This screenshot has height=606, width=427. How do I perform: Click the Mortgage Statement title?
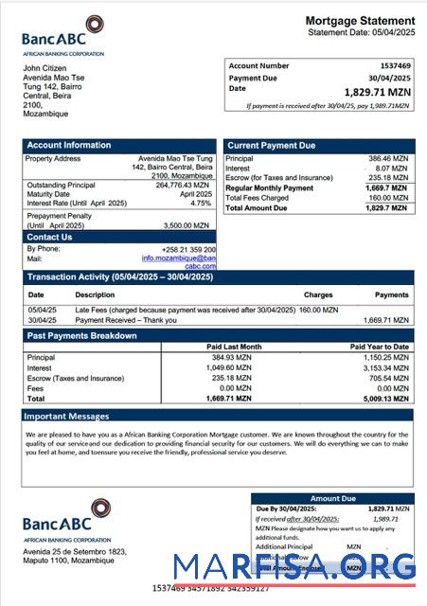tap(360, 20)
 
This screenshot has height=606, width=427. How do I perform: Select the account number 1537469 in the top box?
tap(393, 66)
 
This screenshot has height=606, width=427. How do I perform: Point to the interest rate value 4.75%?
tap(200, 204)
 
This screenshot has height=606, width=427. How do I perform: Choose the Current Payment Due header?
tap(271, 145)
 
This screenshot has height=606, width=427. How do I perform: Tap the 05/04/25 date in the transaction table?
tap(42, 310)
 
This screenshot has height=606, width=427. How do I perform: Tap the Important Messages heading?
tap(66, 416)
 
